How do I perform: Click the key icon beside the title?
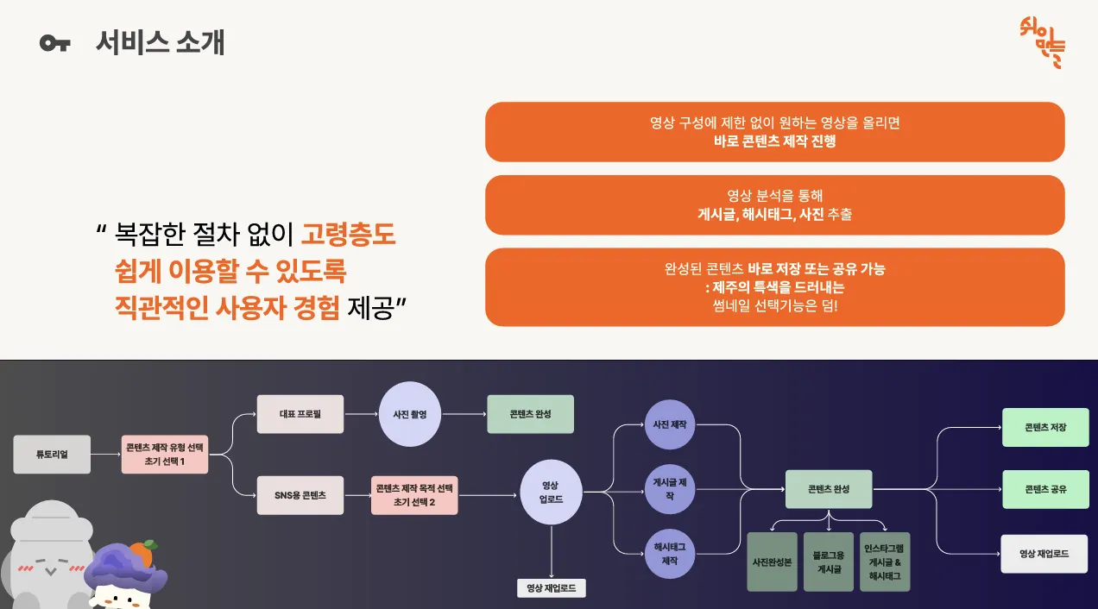[54, 43]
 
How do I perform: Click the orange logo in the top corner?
[1042, 41]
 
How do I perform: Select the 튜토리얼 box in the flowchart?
[52, 454]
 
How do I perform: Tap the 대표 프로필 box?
[300, 414]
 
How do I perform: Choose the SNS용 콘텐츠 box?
[300, 496]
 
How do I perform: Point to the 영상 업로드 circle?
[551, 492]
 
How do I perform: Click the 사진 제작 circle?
[670, 424]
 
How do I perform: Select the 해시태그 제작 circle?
[670, 554]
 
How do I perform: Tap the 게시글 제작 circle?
[670, 489]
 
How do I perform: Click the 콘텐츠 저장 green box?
[1045, 427]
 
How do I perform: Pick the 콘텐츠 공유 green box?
[1045, 489]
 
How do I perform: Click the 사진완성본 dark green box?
[772, 562]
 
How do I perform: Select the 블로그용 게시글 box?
[829, 562]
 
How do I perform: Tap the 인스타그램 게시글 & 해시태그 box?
[885, 562]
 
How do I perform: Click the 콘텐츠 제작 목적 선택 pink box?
[414, 495]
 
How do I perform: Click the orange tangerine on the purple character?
[142, 553]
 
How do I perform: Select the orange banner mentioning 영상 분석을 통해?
[774, 205]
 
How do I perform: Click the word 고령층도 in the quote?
[348, 233]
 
